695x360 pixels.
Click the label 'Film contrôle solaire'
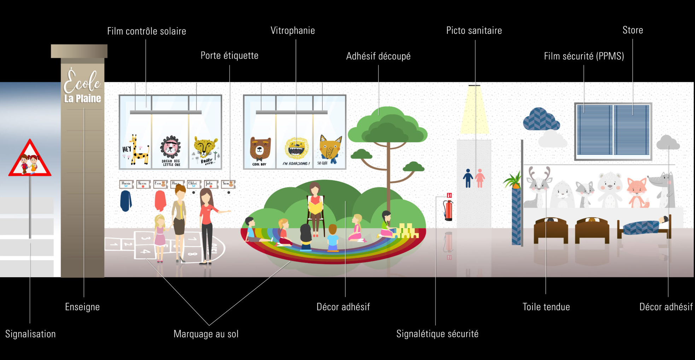tap(146, 31)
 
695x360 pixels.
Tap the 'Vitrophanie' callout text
tap(293, 30)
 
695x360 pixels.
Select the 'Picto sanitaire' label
tap(474, 30)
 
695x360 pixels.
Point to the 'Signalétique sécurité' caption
tap(437, 334)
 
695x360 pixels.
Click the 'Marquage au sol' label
tap(206, 334)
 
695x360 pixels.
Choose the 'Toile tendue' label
tap(546, 307)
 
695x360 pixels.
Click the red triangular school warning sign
tap(30, 159)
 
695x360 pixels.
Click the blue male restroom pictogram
tap(468, 178)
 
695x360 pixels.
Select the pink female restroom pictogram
tap(480, 178)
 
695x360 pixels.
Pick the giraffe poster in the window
tap(136, 150)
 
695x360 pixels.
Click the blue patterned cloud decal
tap(541, 119)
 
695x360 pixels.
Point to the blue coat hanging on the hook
tap(126, 201)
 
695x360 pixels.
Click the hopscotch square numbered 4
tap(145, 252)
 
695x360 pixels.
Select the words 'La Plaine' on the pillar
tap(82, 99)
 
